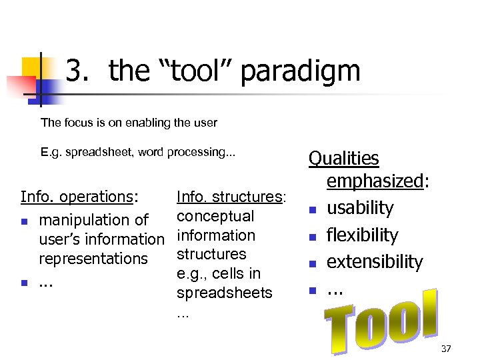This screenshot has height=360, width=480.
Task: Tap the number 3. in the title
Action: coord(79,71)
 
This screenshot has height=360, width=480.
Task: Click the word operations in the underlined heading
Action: coord(97,197)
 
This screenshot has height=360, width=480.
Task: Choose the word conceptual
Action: coord(215,216)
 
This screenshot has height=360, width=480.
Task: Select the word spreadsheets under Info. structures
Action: coord(225,293)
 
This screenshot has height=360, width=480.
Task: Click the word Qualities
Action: coord(343,159)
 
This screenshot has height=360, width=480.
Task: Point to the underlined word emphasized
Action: coord(375,181)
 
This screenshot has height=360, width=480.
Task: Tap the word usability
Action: coord(360,208)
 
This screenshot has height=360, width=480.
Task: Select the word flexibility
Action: coord(362,235)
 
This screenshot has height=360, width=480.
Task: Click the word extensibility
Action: coord(375,262)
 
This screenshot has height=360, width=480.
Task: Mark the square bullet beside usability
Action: coord(312,211)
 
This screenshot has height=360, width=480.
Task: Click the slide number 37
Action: coord(446,349)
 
